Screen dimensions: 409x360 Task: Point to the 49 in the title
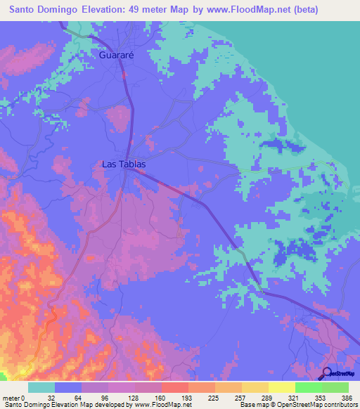pyautogui.click(x=144, y=10)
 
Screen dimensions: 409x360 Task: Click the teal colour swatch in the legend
pyautogui.click(x=41, y=388)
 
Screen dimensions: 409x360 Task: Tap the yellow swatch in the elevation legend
pyautogui.click(x=281, y=388)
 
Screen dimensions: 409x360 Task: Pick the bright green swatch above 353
pyautogui.click(x=308, y=388)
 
